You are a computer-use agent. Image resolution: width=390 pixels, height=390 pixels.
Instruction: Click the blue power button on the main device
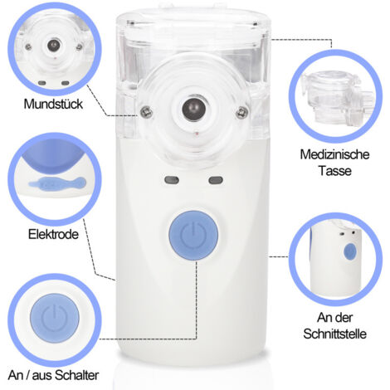(x=193, y=236)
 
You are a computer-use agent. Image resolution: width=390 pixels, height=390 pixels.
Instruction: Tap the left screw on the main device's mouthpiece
(x=146, y=112)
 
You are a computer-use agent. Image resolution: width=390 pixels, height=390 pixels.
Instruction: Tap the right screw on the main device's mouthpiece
(x=241, y=113)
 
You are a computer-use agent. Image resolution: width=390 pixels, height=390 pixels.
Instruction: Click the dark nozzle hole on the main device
(x=193, y=108)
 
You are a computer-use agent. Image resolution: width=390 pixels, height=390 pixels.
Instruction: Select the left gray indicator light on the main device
(x=172, y=180)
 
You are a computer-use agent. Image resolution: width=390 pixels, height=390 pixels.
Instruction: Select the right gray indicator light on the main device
(x=216, y=180)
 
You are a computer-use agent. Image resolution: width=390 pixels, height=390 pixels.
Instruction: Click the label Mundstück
(x=53, y=104)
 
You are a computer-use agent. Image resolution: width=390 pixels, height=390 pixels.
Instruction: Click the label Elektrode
(x=53, y=234)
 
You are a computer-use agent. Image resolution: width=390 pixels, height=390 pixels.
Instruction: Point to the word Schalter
(x=76, y=375)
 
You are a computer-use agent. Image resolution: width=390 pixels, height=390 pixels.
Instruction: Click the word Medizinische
(x=334, y=154)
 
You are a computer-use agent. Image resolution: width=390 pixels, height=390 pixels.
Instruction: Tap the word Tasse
(x=334, y=171)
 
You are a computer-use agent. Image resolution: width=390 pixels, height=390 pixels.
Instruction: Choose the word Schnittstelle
(x=334, y=334)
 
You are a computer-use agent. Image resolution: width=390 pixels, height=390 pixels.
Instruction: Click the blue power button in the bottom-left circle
(x=55, y=318)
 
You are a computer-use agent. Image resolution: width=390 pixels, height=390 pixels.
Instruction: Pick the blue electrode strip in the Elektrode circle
(x=57, y=183)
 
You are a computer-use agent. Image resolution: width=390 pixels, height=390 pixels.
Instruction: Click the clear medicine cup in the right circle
(x=339, y=98)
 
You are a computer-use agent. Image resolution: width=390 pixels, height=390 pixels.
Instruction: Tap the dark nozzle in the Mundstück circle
(x=53, y=45)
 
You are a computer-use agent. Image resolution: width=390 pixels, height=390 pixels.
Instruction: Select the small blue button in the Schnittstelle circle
(x=350, y=251)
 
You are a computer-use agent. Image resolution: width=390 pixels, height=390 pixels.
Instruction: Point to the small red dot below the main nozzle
(x=197, y=134)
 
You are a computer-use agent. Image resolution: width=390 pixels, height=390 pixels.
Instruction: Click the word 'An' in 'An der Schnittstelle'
(x=324, y=318)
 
